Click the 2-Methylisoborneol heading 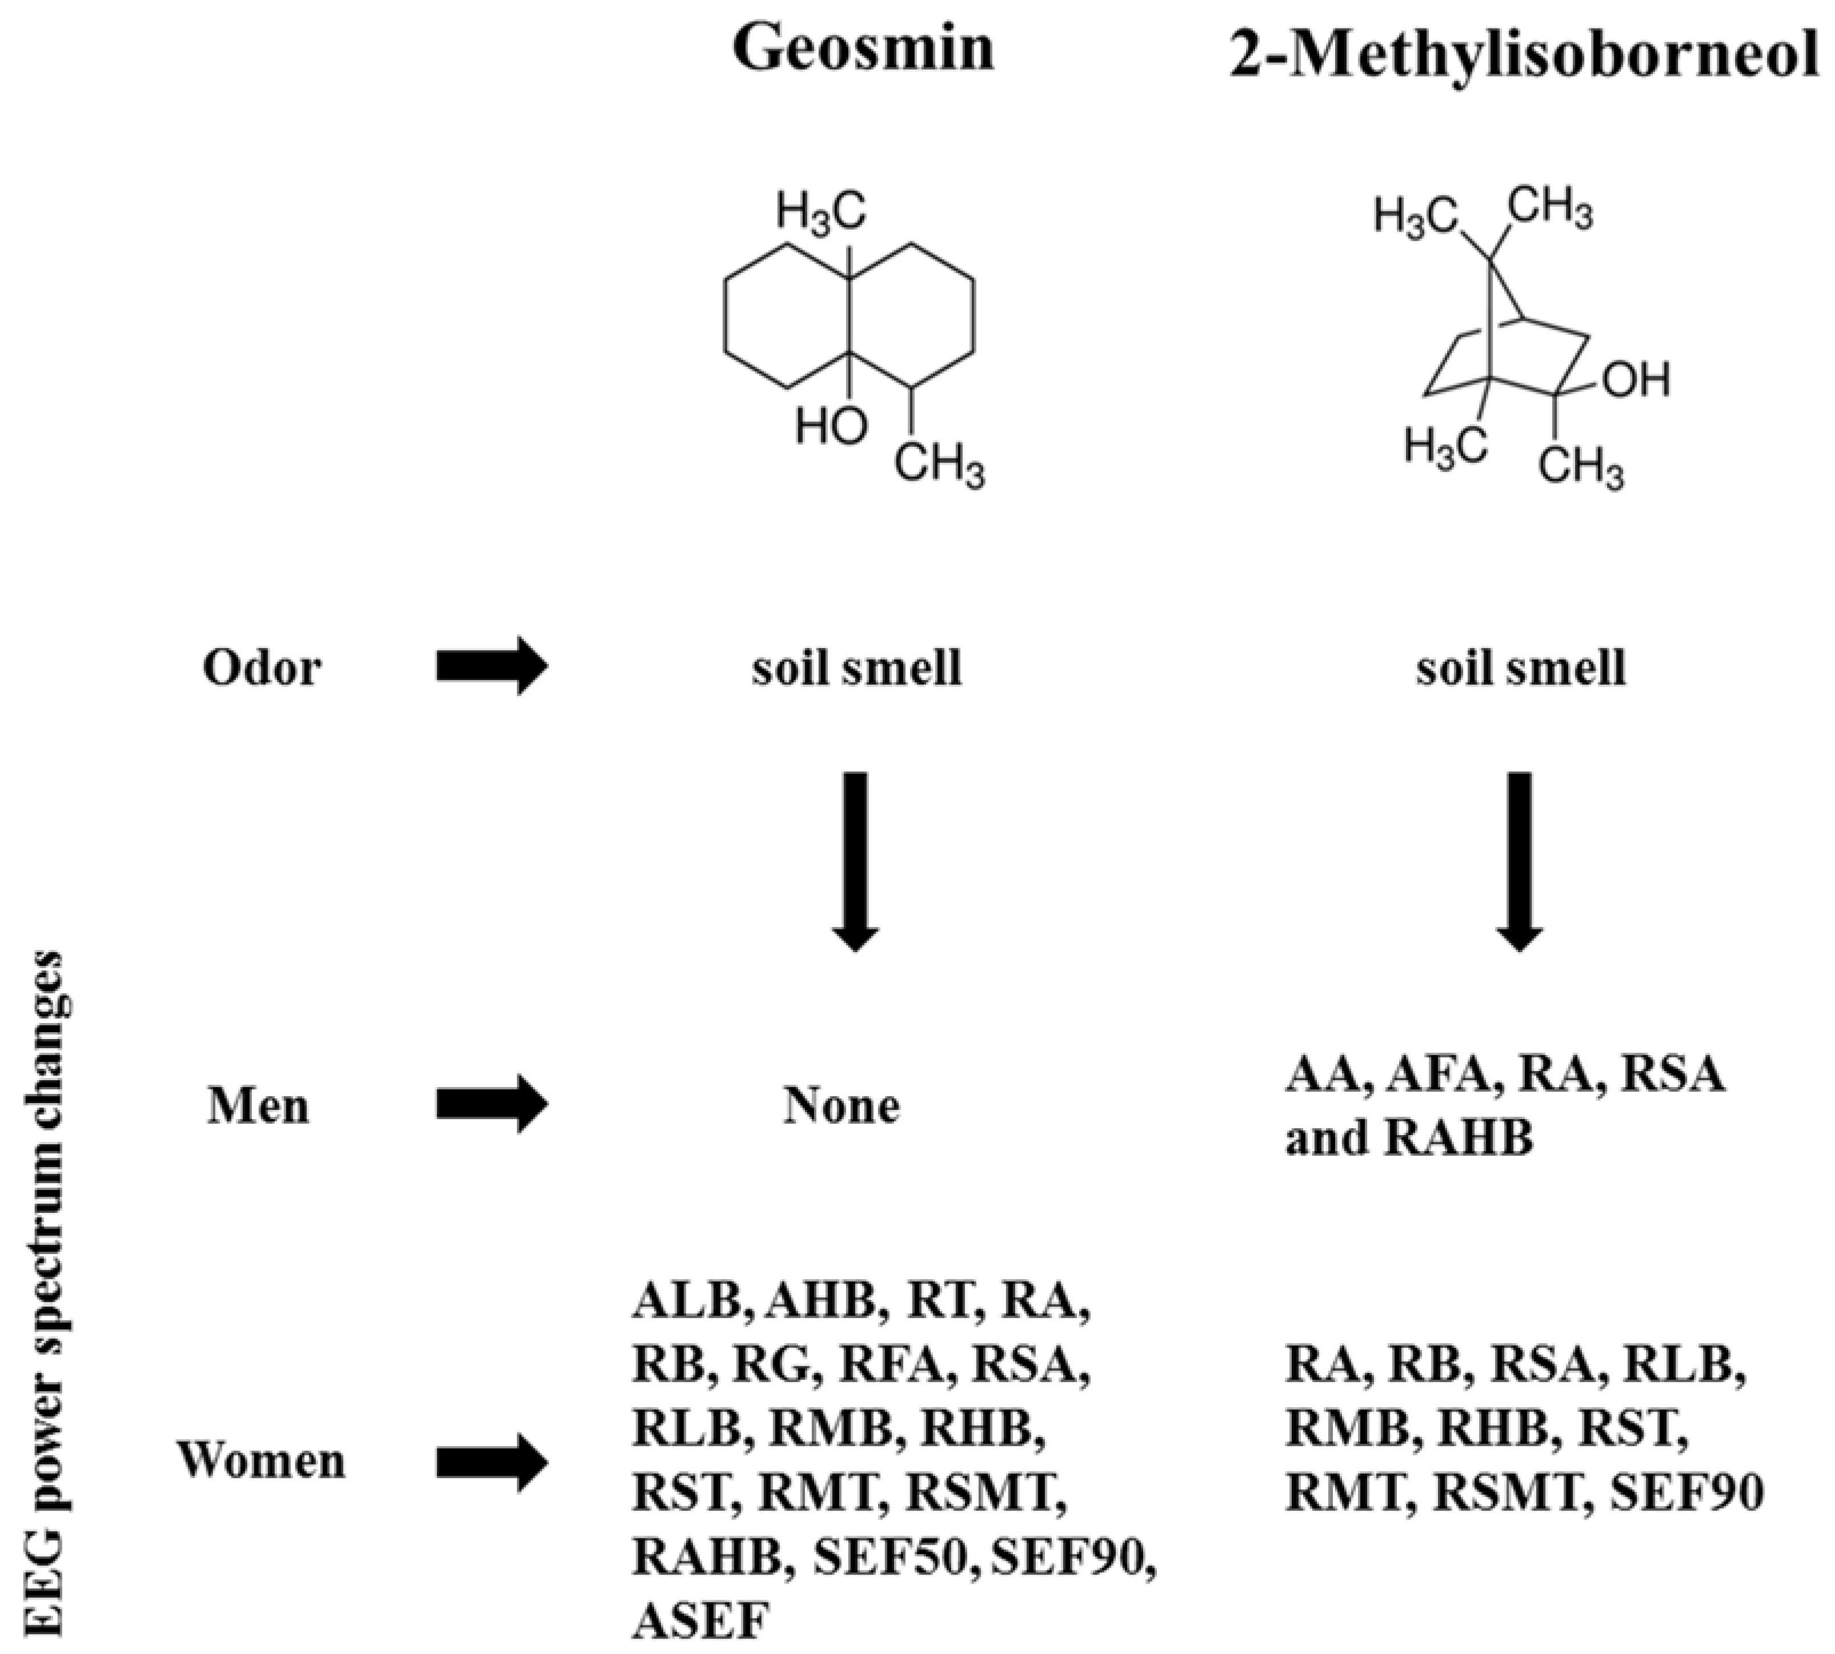coord(1524,57)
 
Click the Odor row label coord(262,669)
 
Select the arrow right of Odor coord(491,666)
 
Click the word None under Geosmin coord(841,1106)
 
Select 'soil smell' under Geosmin coord(856,669)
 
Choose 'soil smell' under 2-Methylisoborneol coord(1520,669)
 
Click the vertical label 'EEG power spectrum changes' coord(46,1300)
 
